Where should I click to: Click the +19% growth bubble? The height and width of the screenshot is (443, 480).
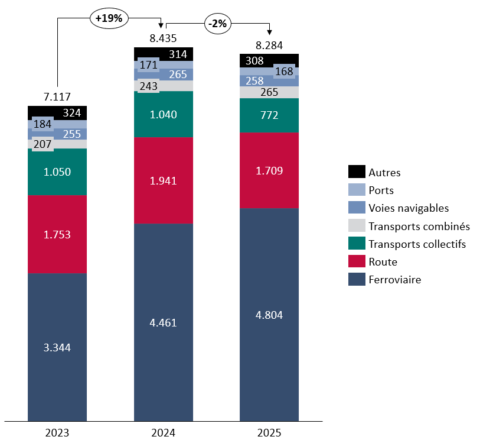pyautogui.click(x=109, y=18)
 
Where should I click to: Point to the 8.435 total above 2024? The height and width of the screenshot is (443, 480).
pyautogui.click(x=163, y=38)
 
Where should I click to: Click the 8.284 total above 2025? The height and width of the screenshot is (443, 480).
pyautogui.click(x=269, y=44)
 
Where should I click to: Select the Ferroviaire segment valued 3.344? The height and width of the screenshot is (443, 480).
pyautogui.click(x=57, y=347)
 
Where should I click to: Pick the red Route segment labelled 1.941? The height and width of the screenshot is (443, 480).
pyautogui.click(x=164, y=180)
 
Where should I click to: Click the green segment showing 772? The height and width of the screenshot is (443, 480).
pyautogui.click(x=269, y=115)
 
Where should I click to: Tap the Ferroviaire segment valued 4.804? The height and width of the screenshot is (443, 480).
pyautogui.click(x=269, y=315)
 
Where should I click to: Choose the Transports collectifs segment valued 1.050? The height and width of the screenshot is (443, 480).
pyautogui.click(x=57, y=172)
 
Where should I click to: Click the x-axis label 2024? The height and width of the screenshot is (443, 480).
pyautogui.click(x=163, y=432)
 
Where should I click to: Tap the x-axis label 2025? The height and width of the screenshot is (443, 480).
pyautogui.click(x=269, y=432)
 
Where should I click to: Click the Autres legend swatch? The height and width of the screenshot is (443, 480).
pyautogui.click(x=357, y=172)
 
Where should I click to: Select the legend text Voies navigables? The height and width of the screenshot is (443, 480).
pyautogui.click(x=409, y=208)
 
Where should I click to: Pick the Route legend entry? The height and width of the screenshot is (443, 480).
pyautogui.click(x=383, y=261)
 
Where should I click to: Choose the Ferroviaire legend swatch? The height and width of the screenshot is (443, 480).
pyautogui.click(x=357, y=279)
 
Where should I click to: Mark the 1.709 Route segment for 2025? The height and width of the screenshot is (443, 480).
pyautogui.click(x=269, y=171)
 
